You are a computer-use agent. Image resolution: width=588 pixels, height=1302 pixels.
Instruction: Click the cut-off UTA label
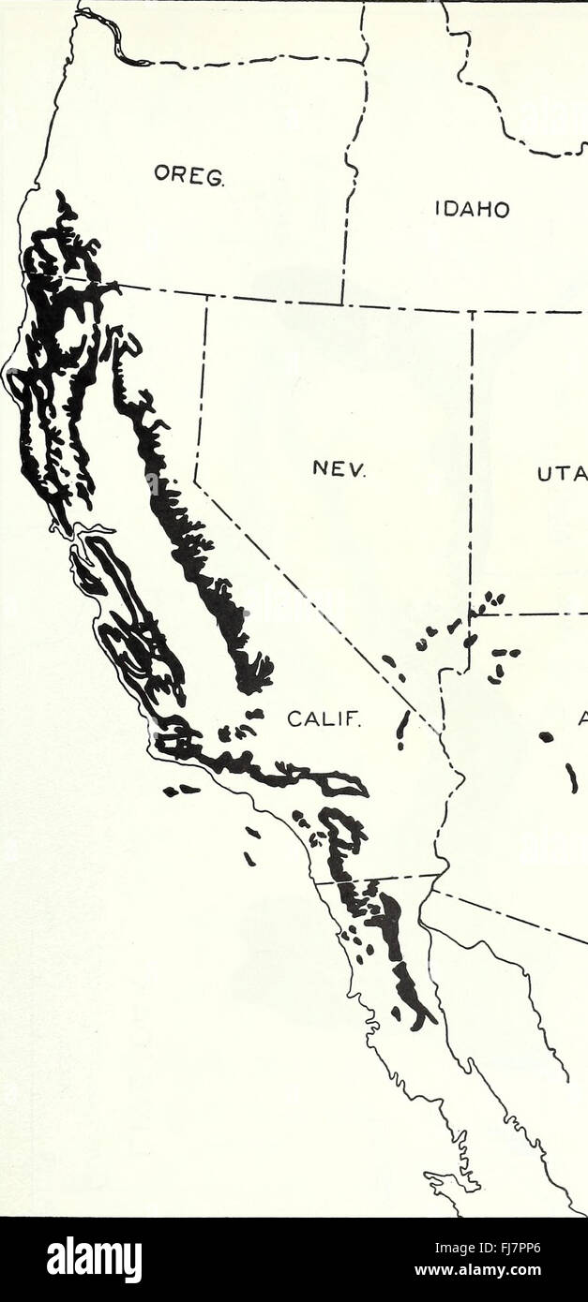pos(561,475)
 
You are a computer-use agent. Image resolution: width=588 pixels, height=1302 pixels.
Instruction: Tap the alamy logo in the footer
pos(94,1259)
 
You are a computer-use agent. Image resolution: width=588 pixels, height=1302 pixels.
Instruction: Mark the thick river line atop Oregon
pos(113,37)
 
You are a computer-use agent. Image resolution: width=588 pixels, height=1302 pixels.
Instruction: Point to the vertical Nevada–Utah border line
pos(472,450)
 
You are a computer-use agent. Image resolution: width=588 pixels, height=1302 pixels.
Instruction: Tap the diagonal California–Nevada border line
pos(309,599)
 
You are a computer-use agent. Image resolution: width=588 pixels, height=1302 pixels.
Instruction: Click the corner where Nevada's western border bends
pos(196,481)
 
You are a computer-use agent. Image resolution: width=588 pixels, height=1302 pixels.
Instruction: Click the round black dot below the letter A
pos(546,737)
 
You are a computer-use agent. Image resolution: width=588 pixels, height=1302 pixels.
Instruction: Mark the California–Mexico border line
pos(375,879)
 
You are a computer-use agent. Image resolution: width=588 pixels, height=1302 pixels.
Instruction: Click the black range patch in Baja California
pos(409,984)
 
